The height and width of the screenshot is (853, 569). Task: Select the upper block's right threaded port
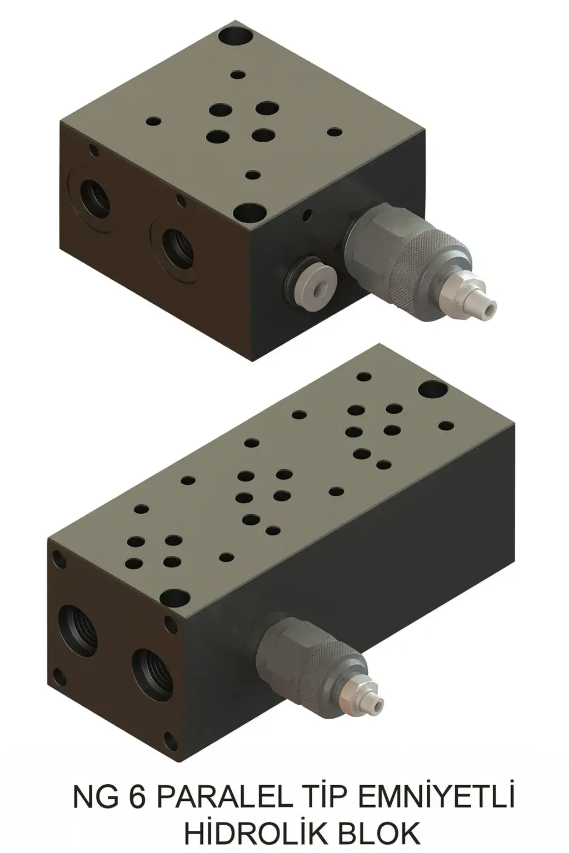177,244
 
